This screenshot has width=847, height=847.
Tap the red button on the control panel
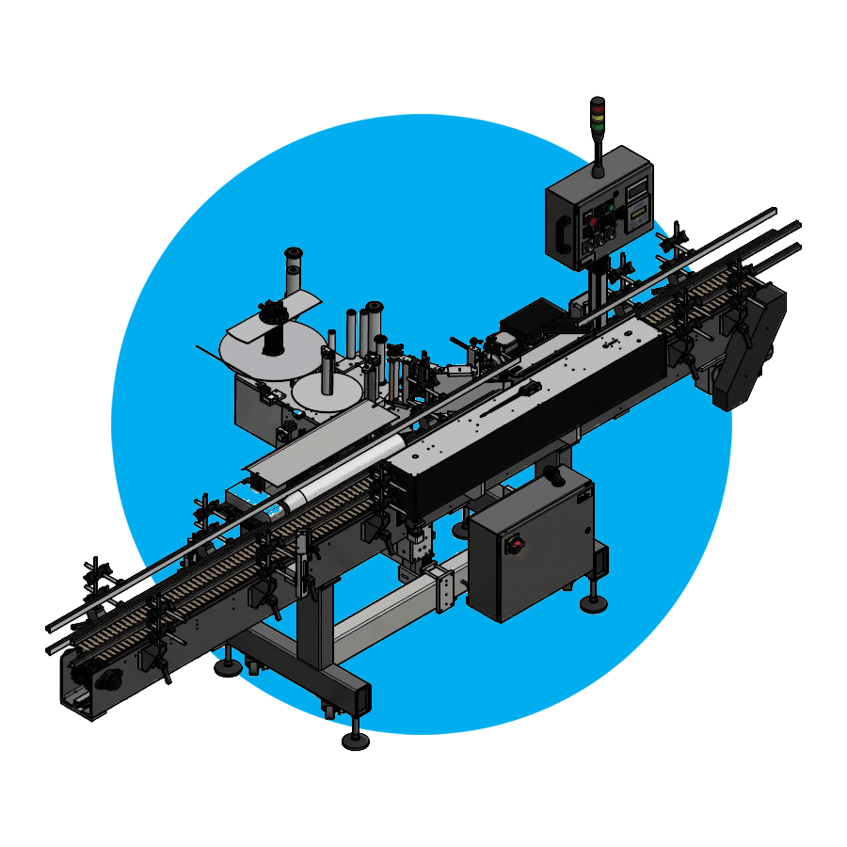593,222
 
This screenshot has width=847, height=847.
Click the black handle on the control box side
562,232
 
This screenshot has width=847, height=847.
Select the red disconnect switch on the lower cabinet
515,545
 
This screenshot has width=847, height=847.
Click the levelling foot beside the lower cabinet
592,602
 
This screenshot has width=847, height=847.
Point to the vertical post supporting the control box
597,282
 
